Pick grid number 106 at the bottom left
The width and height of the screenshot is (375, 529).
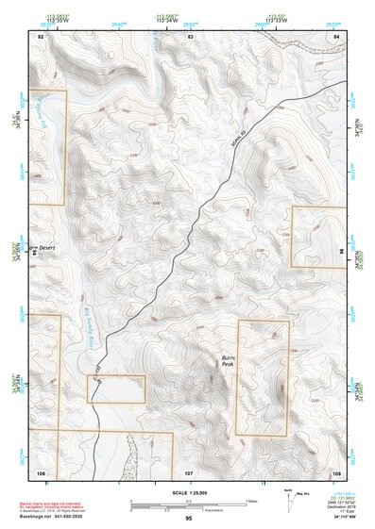click(41, 471)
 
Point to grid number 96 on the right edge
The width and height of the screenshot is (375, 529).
click(340, 252)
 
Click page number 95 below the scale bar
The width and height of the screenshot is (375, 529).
click(189, 519)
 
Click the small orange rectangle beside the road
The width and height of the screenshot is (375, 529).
click(116, 388)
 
